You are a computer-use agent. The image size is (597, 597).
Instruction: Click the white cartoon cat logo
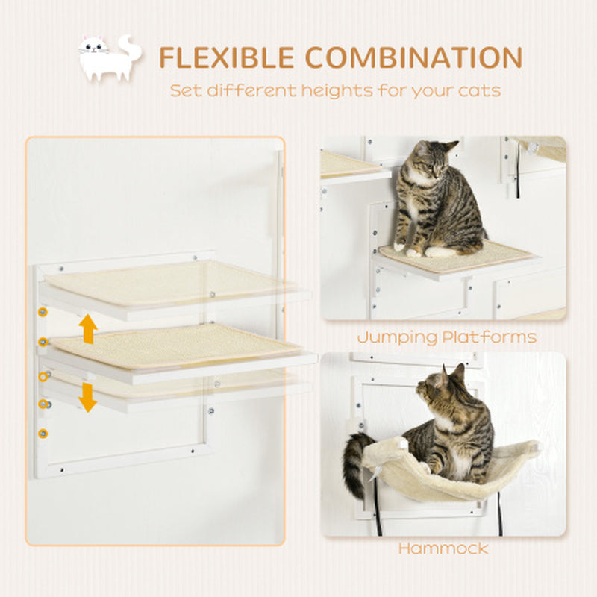click(109, 58)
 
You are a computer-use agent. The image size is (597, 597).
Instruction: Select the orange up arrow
click(89, 328)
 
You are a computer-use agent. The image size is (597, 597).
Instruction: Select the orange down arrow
click(89, 397)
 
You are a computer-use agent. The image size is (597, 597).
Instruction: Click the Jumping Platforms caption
click(446, 337)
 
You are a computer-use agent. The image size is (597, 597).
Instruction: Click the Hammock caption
click(443, 548)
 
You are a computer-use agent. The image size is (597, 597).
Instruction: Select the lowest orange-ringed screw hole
click(42, 433)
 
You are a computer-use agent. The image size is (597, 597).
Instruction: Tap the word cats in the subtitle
click(478, 91)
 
